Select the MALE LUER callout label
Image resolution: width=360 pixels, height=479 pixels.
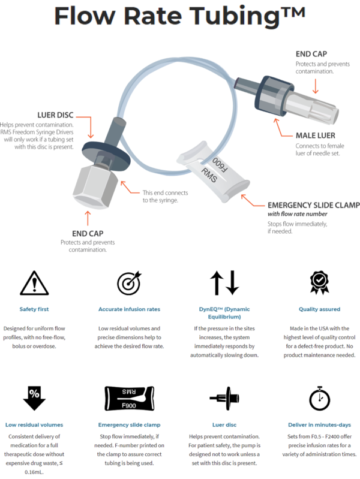[x=314, y=135]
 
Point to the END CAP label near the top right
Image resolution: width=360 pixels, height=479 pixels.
[x=307, y=53]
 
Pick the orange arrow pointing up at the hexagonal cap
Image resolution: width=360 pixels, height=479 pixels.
[x=88, y=216]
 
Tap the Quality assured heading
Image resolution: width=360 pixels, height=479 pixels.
[x=319, y=309]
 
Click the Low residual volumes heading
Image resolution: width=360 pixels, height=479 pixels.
[x=34, y=424]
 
